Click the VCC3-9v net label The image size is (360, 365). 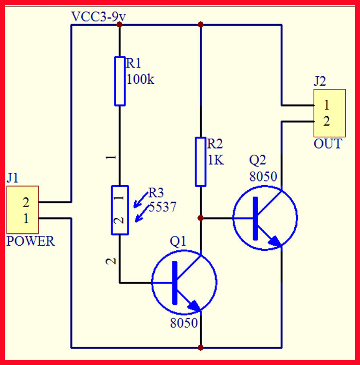(99, 16)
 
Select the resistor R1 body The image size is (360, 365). (120, 81)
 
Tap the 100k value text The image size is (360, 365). (140, 80)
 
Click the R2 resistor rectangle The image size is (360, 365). (201, 161)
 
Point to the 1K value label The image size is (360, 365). (215, 160)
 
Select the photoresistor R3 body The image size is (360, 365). (120, 210)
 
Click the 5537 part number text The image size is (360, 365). (162, 207)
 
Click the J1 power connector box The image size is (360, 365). (23, 210)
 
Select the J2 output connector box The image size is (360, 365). (328, 113)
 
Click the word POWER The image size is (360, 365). (30, 242)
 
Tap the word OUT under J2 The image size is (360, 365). (328, 144)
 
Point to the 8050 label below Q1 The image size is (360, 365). (184, 323)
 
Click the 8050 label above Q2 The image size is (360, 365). (263, 177)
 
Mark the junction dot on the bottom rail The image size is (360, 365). (201, 348)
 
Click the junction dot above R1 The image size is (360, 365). (120, 24)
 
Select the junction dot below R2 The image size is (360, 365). (201, 218)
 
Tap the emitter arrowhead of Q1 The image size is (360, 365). (194, 306)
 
